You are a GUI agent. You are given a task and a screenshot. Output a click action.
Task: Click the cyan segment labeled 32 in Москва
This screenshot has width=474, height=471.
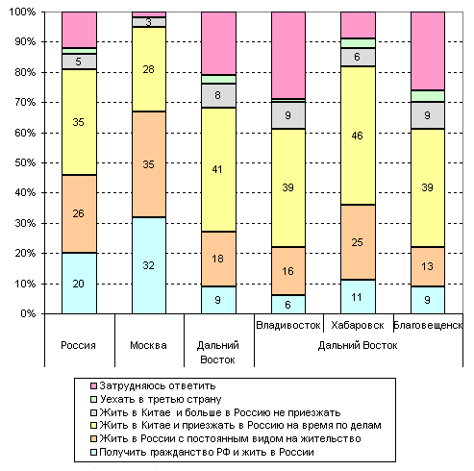(149, 265)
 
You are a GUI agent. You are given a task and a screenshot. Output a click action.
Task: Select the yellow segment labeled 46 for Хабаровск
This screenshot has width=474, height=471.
(358, 136)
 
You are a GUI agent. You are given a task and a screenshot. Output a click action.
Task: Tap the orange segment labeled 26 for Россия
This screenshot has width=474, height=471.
(79, 213)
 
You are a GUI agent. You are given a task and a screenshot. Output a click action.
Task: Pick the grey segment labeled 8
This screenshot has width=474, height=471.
(218, 95)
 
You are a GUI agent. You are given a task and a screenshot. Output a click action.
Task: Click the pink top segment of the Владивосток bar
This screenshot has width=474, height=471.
(288, 55)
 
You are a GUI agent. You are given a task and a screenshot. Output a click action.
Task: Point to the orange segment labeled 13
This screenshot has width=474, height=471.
(428, 266)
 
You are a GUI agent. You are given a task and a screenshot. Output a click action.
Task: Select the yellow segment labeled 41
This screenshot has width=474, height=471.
(218, 169)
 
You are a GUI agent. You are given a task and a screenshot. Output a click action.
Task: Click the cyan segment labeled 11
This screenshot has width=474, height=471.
(358, 297)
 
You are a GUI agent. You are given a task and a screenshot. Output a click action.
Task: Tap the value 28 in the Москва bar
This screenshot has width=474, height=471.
(149, 69)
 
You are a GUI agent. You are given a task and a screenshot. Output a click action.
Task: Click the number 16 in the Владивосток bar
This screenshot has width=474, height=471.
(287, 271)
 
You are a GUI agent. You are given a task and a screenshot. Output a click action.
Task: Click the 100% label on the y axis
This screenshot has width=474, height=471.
(22, 12)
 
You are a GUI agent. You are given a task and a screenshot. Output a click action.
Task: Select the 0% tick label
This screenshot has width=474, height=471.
(28, 313)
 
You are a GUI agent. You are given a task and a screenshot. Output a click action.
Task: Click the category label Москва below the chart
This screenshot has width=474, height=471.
(148, 345)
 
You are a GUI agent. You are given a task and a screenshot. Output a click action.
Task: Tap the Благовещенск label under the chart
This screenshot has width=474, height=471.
(428, 325)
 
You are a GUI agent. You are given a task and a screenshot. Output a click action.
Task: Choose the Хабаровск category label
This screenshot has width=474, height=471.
(358, 325)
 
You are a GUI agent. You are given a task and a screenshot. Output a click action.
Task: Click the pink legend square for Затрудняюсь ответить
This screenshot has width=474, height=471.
(93, 385)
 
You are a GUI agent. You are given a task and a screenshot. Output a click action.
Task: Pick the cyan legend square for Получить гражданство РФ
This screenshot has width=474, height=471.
(93, 452)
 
